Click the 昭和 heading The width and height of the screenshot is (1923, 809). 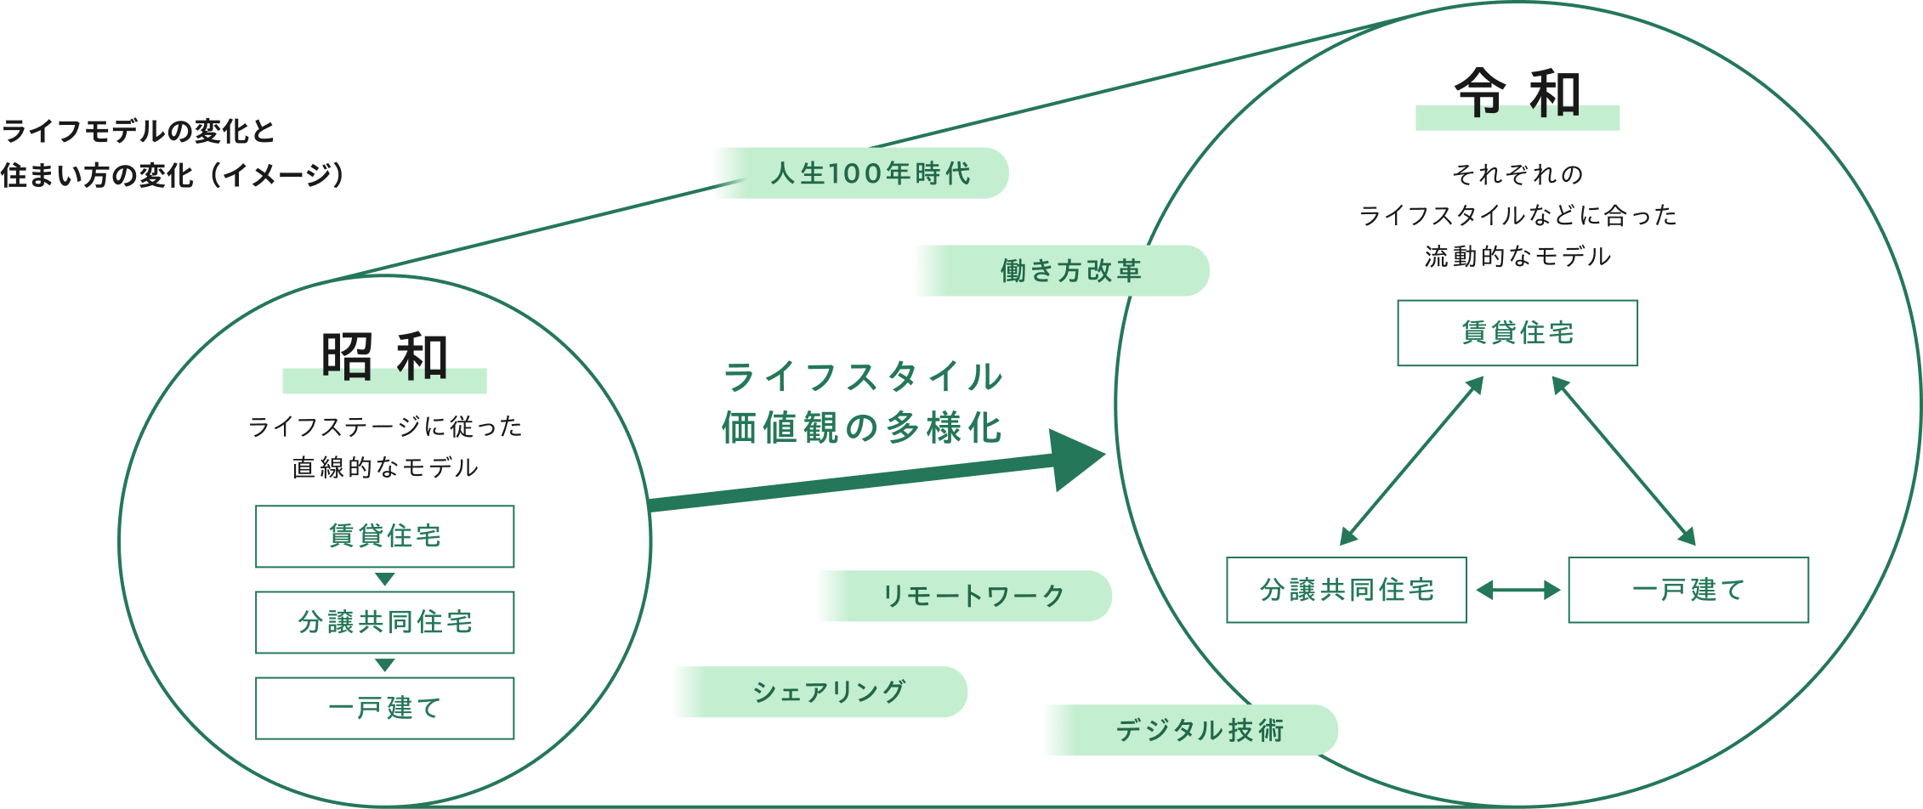pos(384,357)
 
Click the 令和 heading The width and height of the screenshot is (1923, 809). pos(1517,93)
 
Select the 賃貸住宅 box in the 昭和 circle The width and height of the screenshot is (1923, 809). pos(384,536)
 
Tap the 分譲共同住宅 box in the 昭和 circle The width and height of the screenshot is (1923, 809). pos(384,622)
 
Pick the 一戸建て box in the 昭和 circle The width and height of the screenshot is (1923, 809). pos(384,708)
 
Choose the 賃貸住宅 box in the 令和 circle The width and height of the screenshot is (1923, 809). pos(1517,333)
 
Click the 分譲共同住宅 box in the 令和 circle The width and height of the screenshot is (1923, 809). pos(1347,590)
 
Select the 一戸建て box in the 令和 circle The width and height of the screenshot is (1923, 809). pos(1688,590)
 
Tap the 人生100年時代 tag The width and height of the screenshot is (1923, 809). pos(860,173)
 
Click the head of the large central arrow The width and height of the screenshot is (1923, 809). pos(1075,459)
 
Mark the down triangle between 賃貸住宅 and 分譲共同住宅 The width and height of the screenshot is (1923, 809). pos(384,579)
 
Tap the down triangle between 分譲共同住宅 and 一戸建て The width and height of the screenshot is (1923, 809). pos(384,665)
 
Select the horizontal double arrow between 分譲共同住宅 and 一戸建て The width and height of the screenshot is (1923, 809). pos(1517,590)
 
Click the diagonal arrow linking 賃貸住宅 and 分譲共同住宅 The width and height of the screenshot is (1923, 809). pos(1411,461)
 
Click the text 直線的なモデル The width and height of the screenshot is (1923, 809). pos(384,467)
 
